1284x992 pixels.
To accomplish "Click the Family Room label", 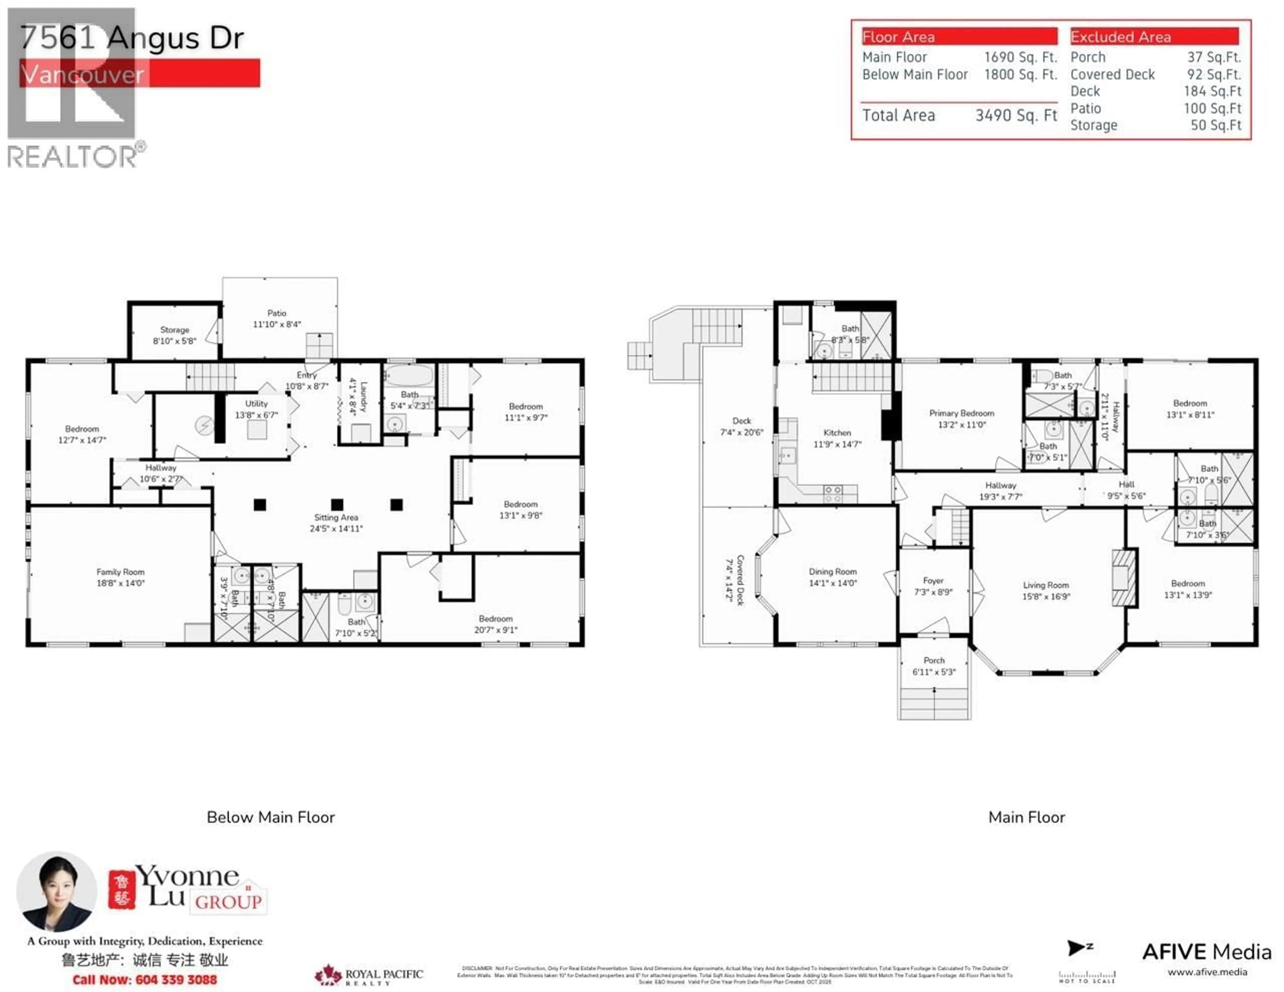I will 120,577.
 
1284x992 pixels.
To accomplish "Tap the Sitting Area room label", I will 336,522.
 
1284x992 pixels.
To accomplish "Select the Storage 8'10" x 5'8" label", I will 175,335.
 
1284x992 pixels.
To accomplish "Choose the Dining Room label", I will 833,577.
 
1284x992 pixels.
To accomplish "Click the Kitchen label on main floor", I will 837,438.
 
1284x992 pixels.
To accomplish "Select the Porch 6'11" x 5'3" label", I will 934,666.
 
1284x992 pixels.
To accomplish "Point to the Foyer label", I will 933,586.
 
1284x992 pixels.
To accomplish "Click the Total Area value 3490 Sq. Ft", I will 1016,115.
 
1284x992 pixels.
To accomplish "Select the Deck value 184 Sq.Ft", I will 1212,91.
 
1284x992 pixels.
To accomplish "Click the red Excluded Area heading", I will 1154,36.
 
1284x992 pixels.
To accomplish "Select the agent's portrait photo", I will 57,891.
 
